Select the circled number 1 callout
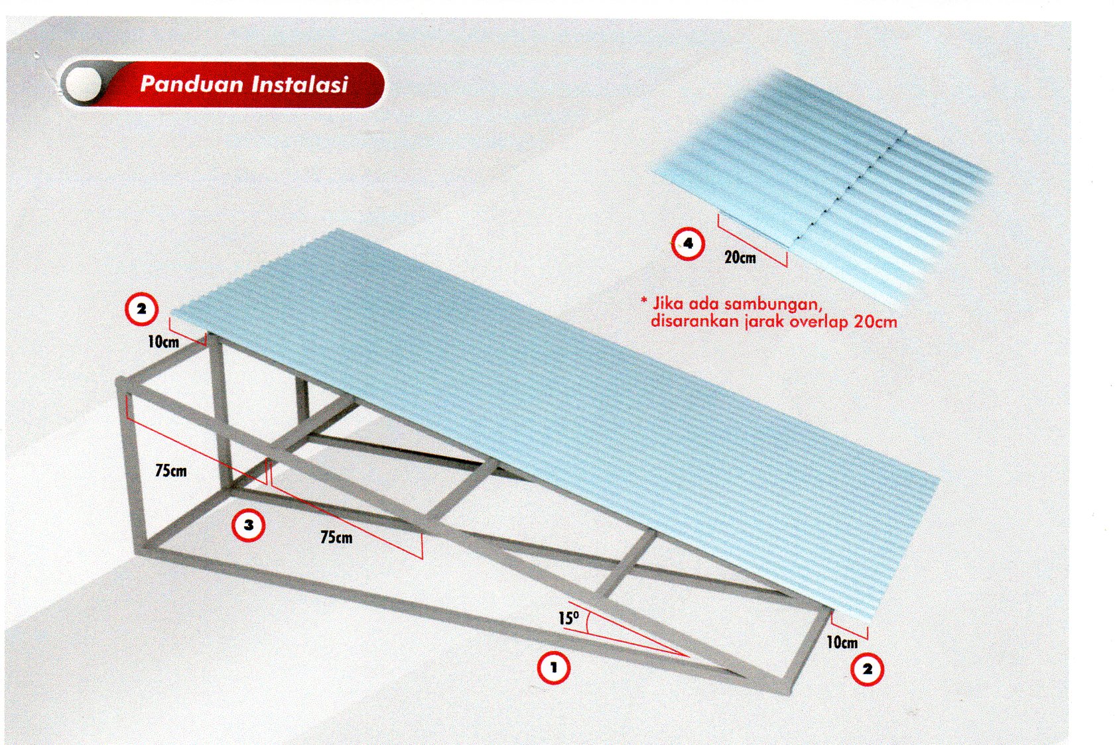click(x=553, y=667)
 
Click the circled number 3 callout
click(x=248, y=525)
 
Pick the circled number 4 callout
click(x=688, y=244)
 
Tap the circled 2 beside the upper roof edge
click(x=142, y=309)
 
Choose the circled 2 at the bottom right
click(x=867, y=669)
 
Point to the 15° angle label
click(x=568, y=618)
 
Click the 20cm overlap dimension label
click(x=740, y=258)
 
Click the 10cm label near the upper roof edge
click(x=163, y=341)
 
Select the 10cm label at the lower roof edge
click(x=842, y=642)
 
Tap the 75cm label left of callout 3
click(x=170, y=471)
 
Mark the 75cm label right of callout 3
click(x=336, y=538)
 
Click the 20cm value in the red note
click(x=876, y=321)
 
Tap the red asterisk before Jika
click(x=644, y=300)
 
